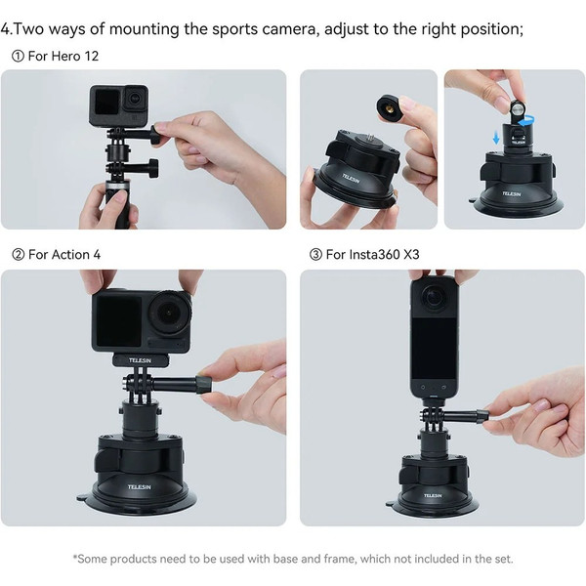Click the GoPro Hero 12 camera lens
point(134,99)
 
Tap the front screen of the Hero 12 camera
point(107,102)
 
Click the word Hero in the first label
point(65,56)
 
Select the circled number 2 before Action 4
point(18,255)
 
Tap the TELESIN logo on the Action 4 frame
point(140,360)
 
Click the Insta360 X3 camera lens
point(434,297)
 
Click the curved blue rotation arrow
point(524,121)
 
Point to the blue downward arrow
point(496,137)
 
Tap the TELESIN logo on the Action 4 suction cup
point(139,487)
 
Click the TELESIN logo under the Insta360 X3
point(433,495)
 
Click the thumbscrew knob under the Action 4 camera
point(204,385)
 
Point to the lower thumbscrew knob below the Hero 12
point(153,168)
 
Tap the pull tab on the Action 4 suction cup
point(84,497)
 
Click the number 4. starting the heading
point(7,29)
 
